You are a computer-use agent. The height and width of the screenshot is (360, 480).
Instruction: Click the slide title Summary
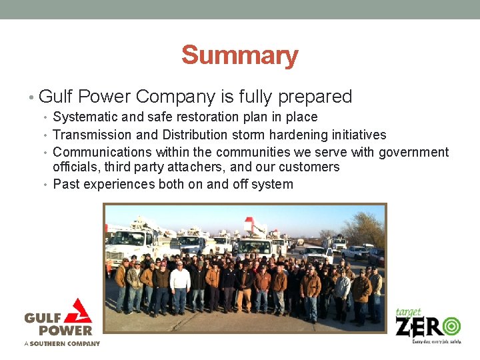(239, 55)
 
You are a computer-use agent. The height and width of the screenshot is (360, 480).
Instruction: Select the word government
(413, 152)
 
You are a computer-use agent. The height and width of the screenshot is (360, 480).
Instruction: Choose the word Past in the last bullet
(65, 184)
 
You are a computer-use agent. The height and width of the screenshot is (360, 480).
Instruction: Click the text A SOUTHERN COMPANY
(62, 344)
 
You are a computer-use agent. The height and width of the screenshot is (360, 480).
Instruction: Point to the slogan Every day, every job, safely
(437, 341)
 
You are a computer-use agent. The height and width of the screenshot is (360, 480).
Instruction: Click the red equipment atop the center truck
(254, 225)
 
